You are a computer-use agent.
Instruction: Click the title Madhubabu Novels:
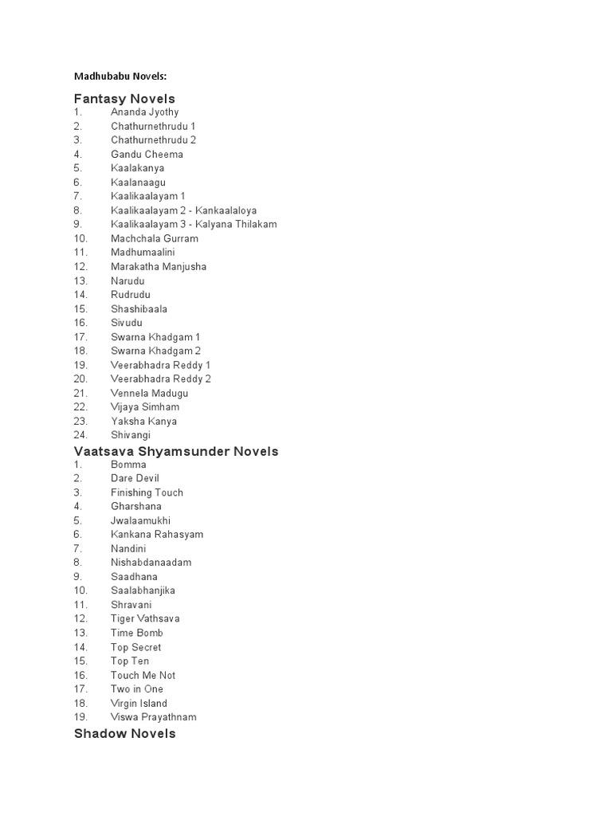click(121, 76)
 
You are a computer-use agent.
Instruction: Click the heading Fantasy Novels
click(124, 99)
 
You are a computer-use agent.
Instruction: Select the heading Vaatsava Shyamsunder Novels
click(176, 451)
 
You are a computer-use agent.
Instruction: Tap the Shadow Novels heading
click(125, 733)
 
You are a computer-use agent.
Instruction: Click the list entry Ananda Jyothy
click(145, 112)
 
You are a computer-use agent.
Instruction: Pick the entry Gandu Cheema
click(147, 154)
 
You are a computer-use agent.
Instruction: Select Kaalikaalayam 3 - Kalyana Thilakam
click(194, 224)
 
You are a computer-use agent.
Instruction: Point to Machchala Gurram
click(155, 238)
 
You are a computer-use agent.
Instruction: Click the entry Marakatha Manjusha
click(159, 266)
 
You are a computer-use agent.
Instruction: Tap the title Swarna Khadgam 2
click(155, 351)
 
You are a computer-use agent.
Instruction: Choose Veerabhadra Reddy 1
click(161, 365)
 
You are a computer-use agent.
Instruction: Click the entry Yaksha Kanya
click(144, 421)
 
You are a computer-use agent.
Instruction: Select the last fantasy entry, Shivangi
click(131, 435)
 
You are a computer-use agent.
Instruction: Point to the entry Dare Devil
click(135, 478)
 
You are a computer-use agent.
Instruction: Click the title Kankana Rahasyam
click(157, 534)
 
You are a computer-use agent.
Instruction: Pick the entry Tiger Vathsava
click(145, 618)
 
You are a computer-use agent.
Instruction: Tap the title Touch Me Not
click(143, 675)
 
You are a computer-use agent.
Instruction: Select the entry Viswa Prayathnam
click(154, 716)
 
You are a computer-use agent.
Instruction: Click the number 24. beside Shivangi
click(80, 435)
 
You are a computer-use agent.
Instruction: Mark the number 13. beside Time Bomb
click(80, 633)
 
